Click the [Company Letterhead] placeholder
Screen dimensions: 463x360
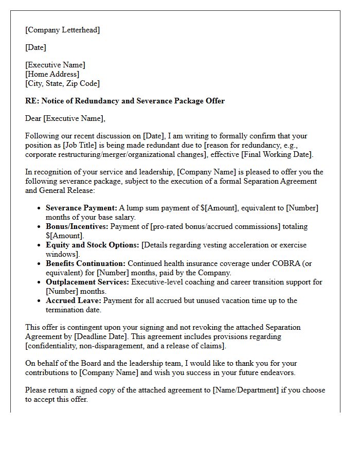coord(63,30)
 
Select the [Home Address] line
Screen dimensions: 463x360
coord(52,74)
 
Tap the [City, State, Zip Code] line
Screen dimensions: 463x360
coord(63,83)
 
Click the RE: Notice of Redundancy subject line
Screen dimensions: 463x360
coord(125,101)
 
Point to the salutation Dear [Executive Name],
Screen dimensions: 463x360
coord(65,118)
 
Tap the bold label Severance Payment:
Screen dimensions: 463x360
coord(81,208)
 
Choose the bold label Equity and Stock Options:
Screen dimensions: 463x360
coord(93,245)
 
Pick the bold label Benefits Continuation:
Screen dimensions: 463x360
coord(85,263)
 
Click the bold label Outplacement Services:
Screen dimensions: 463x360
coord(87,282)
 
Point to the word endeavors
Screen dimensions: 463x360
coord(277,372)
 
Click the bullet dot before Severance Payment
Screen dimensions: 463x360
coord(40,208)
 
